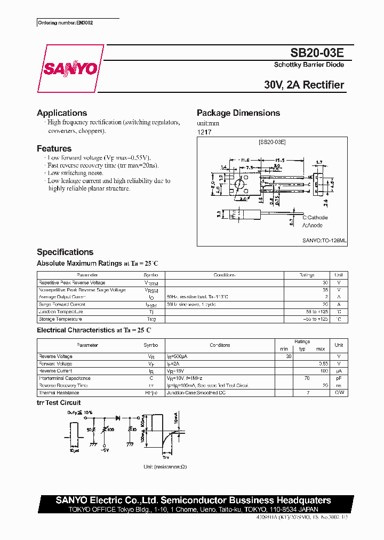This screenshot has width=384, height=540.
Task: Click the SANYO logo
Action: point(70,69)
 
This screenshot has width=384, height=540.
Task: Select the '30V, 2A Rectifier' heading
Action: point(304,85)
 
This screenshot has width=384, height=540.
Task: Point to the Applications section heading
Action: point(62,113)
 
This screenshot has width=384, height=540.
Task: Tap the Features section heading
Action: point(54,149)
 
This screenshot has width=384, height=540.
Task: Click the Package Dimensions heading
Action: point(238,113)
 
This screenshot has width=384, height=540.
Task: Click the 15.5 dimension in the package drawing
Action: point(279,160)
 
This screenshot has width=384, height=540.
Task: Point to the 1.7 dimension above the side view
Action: point(319,162)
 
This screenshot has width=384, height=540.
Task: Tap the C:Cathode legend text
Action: point(315,218)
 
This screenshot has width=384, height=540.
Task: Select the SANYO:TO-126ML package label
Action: point(324,241)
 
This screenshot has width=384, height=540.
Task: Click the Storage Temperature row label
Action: point(60,319)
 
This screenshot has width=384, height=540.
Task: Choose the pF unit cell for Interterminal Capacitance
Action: point(339,378)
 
